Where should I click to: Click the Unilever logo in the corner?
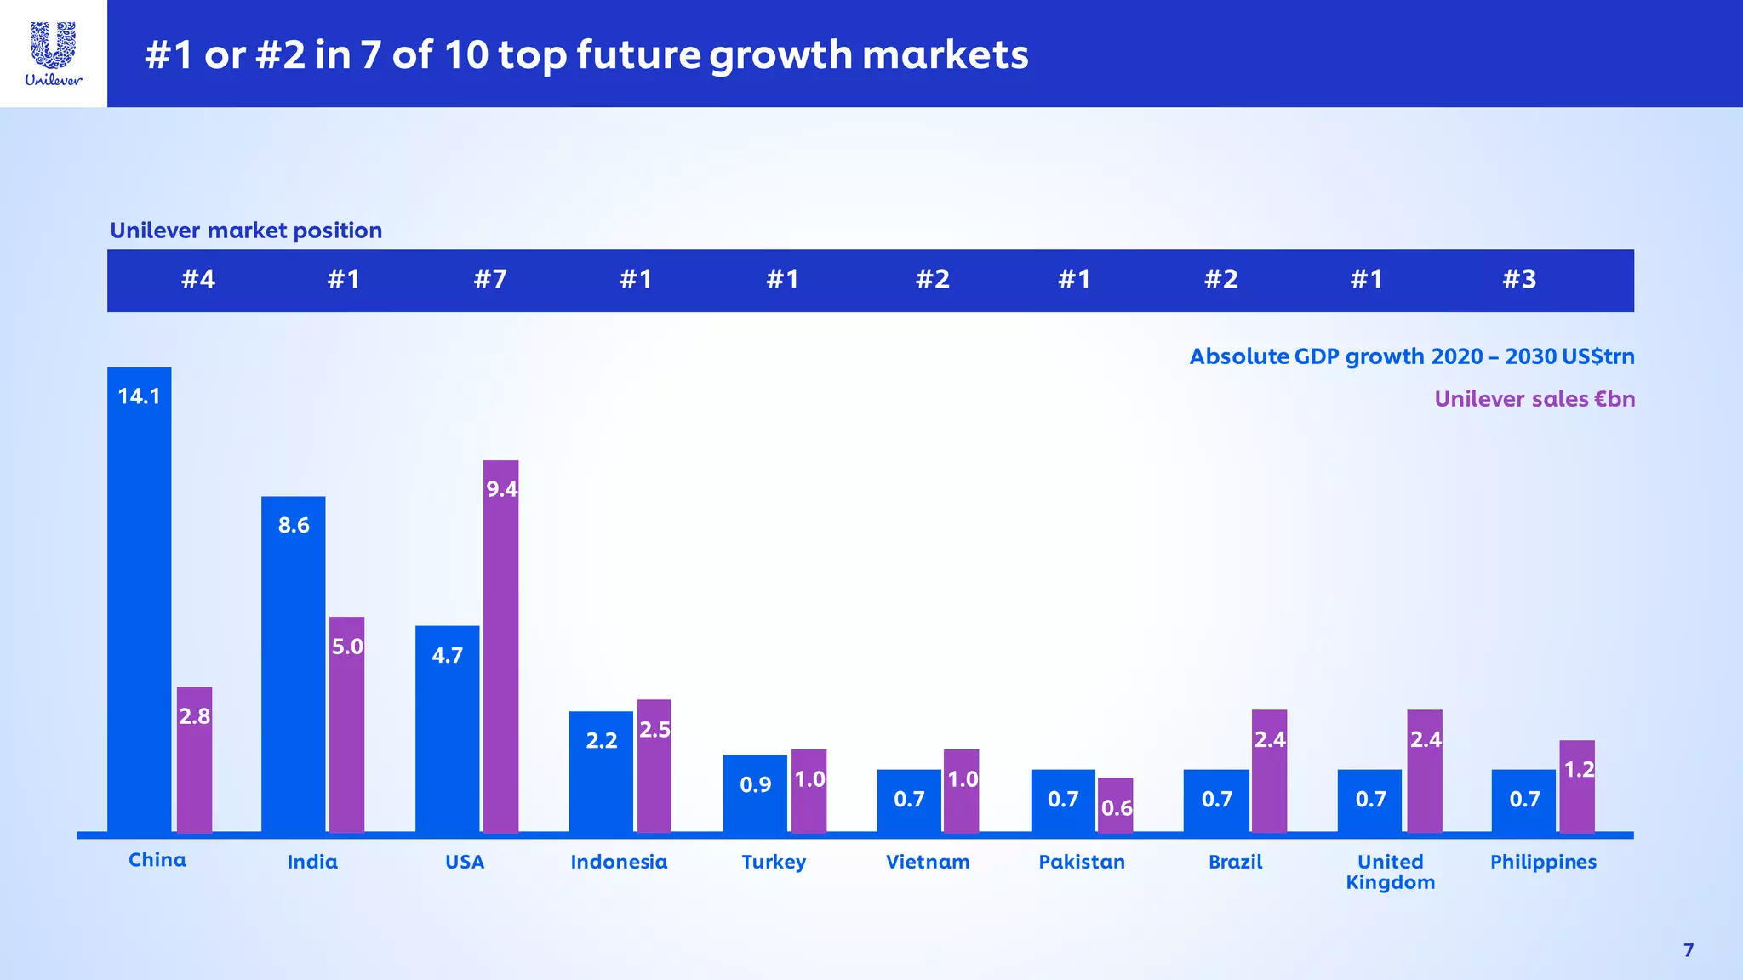[54, 54]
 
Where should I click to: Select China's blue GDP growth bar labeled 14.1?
[139, 600]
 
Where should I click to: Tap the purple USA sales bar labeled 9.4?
[500, 647]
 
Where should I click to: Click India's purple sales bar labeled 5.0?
[346, 724]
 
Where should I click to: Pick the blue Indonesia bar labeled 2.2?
[601, 771]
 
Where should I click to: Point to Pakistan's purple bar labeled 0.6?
[1115, 805]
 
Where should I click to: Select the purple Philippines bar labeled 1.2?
[1577, 786]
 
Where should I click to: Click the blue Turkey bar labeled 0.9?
[755, 793]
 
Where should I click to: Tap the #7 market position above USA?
[490, 279]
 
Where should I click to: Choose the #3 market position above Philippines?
[1519, 279]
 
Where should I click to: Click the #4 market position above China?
[198, 279]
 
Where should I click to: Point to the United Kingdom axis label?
[1390, 872]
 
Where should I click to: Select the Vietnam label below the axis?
[928, 862]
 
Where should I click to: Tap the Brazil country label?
[1235, 862]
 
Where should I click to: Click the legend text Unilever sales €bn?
[1534, 399]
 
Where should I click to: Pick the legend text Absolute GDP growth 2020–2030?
[1411, 356]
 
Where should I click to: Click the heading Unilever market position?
[246, 231]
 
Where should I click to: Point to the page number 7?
[1689, 950]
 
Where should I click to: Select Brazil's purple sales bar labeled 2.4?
[1269, 771]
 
